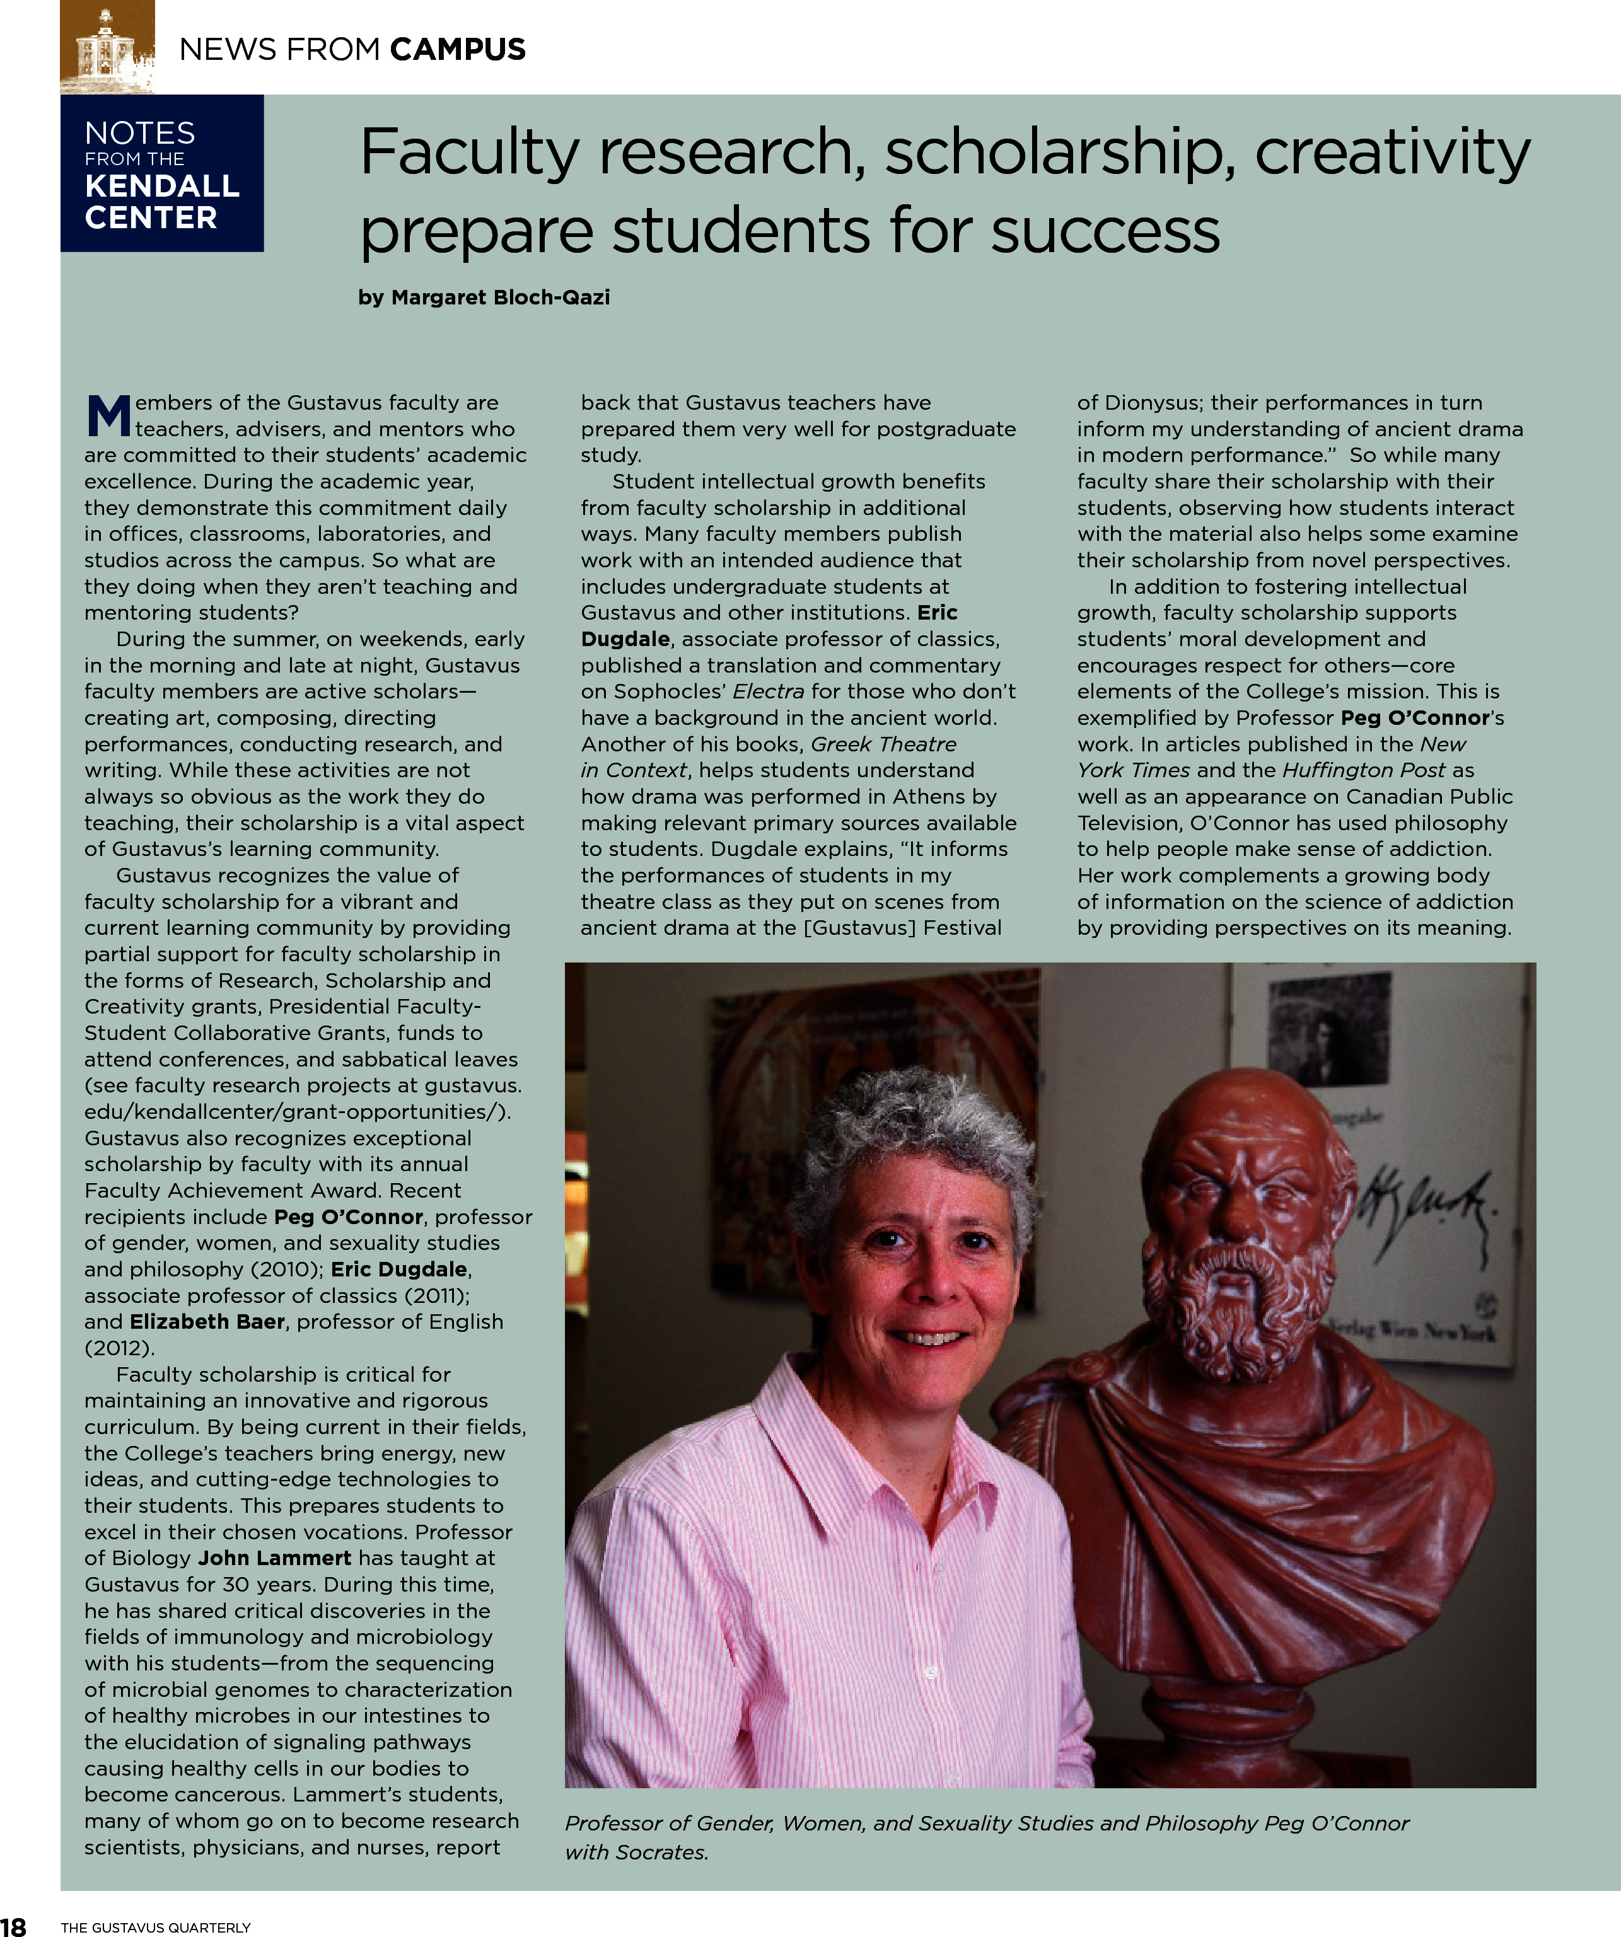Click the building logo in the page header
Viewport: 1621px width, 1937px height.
click(x=107, y=46)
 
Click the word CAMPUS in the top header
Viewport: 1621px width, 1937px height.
click(x=458, y=49)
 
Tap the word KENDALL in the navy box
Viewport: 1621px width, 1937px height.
click(x=163, y=187)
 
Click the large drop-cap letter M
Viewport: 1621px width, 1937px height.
click(x=109, y=416)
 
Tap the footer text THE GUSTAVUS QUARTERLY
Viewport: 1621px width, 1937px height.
click(x=156, y=1927)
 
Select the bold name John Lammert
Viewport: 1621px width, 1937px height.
click(x=274, y=1558)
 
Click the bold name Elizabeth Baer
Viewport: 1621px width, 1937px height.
click(x=207, y=1322)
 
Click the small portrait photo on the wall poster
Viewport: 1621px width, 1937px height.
click(x=1328, y=1029)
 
